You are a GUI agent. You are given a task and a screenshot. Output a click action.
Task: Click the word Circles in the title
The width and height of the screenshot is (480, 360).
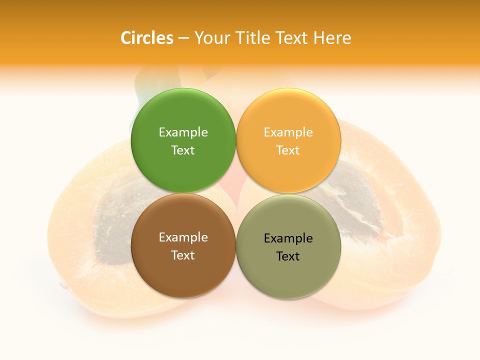[x=147, y=37]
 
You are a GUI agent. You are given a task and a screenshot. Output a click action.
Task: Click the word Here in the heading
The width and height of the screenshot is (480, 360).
[x=332, y=37]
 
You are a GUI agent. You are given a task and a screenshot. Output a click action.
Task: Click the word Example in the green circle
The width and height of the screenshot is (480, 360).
[x=183, y=132]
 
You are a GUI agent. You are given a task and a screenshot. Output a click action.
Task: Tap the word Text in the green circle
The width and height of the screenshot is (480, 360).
[x=183, y=150]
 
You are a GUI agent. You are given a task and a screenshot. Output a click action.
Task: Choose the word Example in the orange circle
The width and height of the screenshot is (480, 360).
[x=288, y=132]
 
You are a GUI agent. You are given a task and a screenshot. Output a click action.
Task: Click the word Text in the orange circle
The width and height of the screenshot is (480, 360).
[x=288, y=150]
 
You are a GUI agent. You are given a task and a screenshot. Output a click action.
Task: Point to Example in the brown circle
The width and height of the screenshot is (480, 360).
[x=183, y=237]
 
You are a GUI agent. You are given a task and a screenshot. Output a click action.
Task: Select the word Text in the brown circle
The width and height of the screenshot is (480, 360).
[x=183, y=255]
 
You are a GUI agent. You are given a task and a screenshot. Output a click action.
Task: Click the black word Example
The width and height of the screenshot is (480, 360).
[x=288, y=238]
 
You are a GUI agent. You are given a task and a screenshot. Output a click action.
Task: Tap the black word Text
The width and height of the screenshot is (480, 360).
[x=288, y=256]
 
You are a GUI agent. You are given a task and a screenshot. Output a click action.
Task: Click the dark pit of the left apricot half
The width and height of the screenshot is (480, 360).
[x=112, y=220]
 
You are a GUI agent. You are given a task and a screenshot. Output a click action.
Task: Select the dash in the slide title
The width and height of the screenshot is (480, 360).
[x=183, y=38]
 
